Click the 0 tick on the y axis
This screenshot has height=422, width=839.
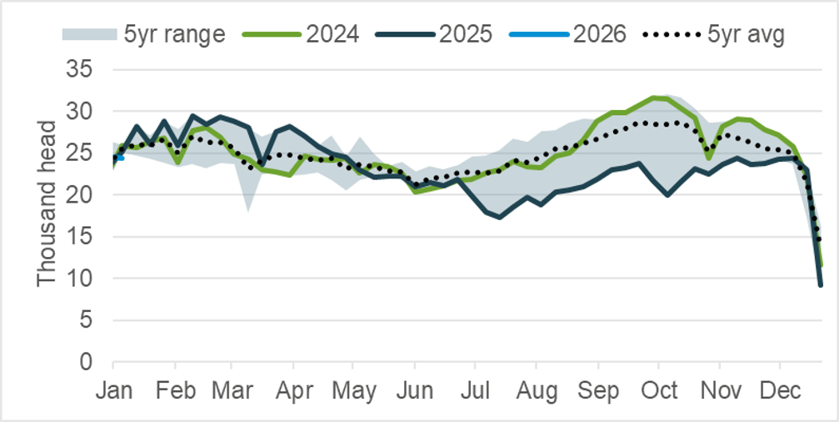click(91, 362)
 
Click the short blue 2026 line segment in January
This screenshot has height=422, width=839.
click(118, 156)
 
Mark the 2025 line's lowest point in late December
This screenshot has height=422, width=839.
click(821, 284)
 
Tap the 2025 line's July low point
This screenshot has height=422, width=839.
click(499, 217)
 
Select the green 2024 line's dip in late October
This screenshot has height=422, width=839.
click(708, 158)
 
